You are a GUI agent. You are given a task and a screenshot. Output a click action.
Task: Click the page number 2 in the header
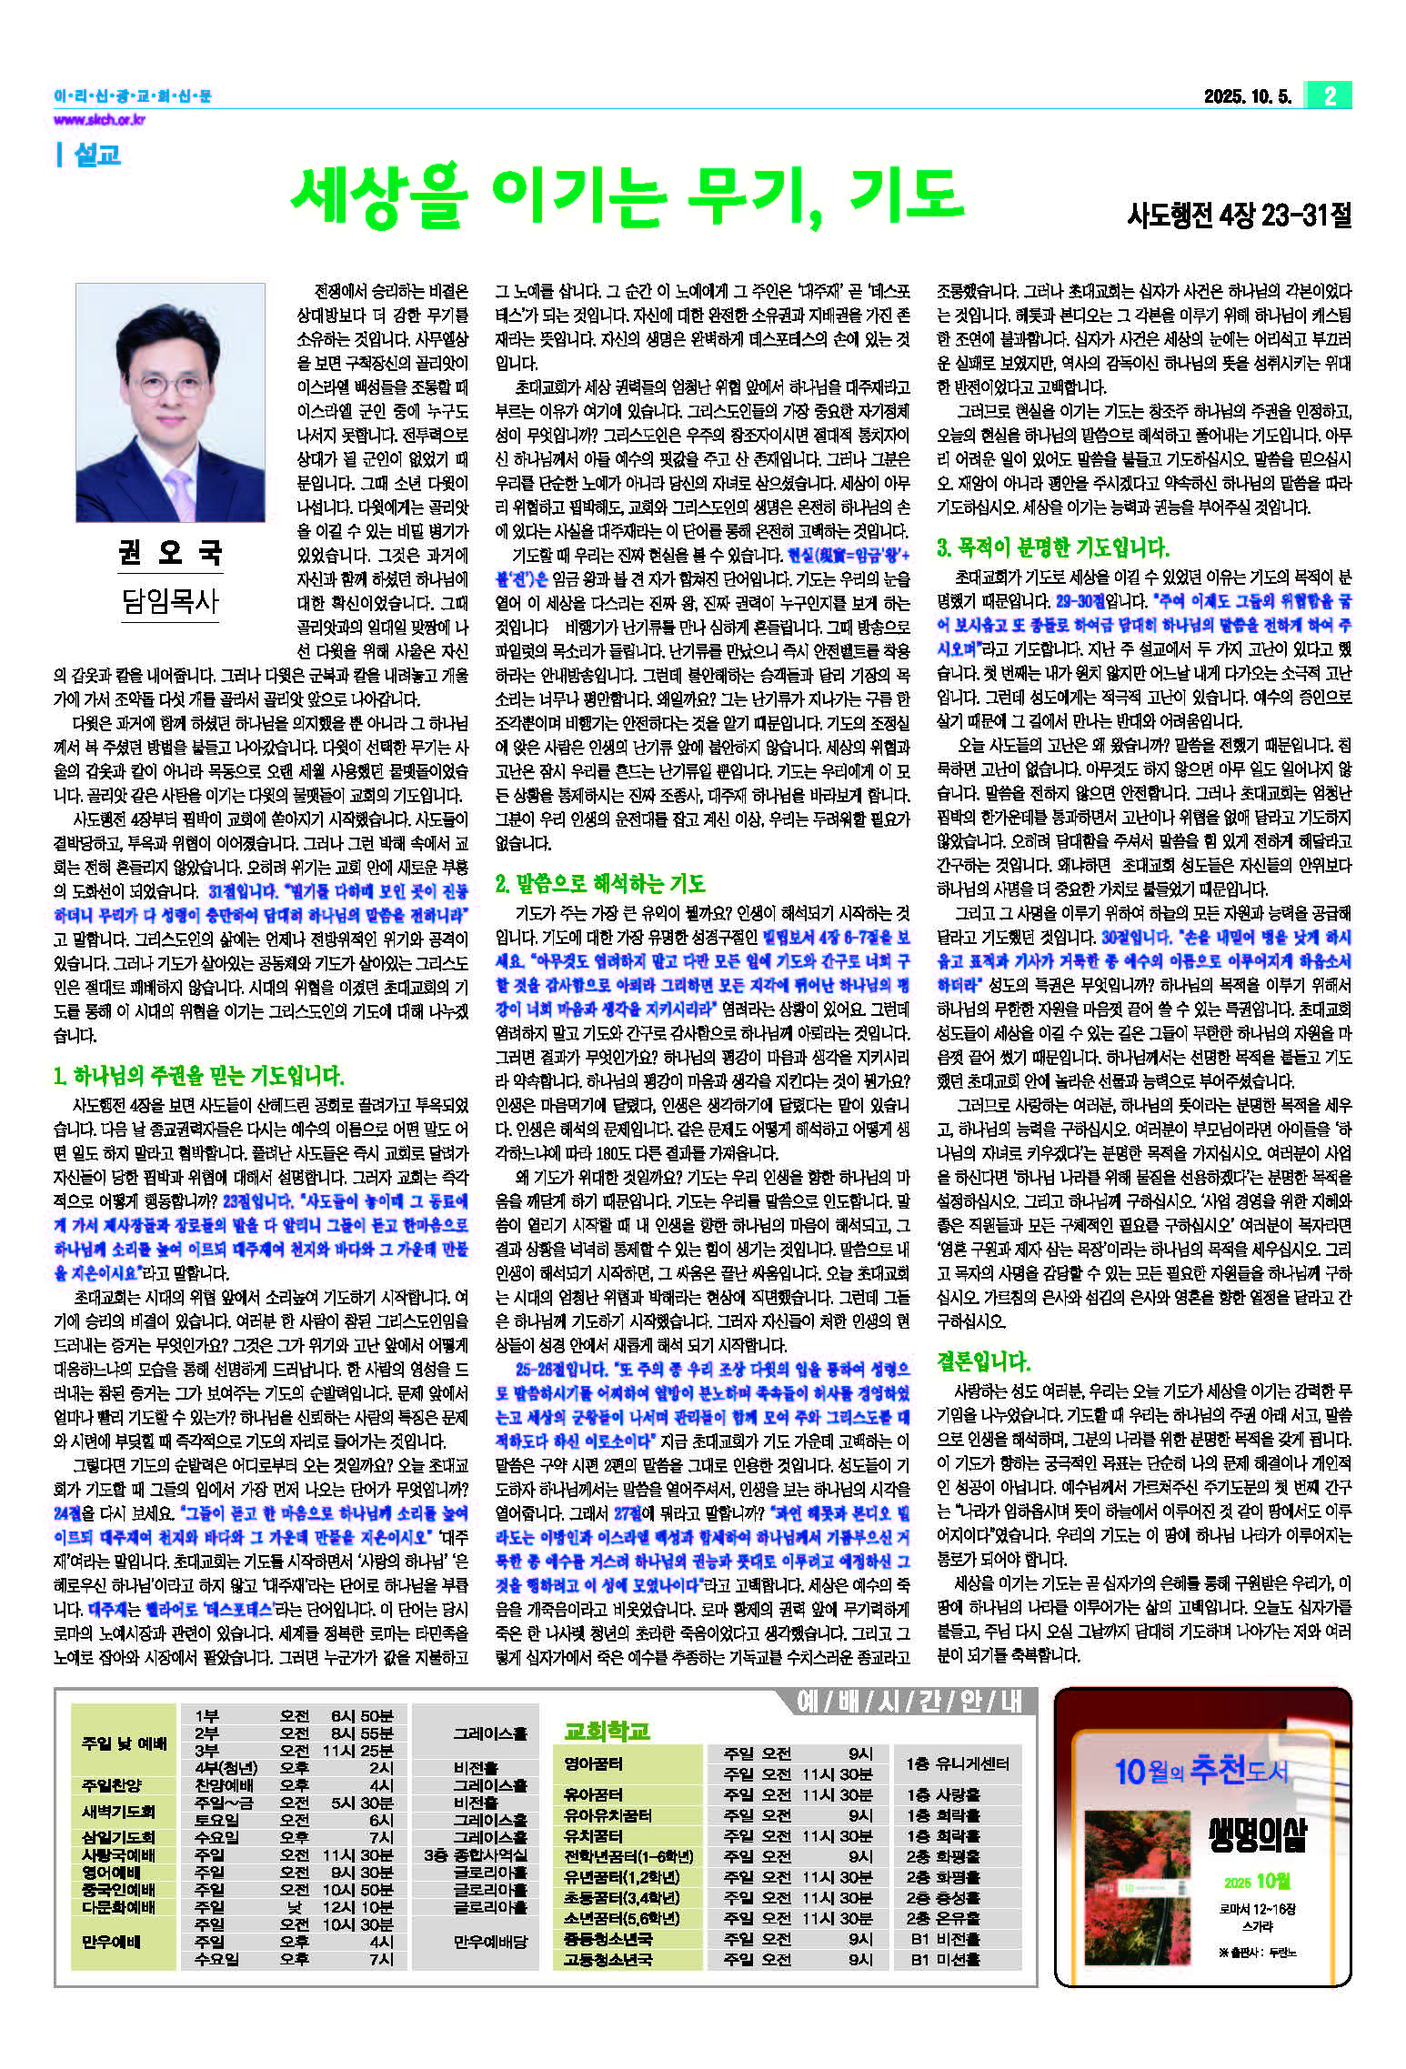pos(1330,95)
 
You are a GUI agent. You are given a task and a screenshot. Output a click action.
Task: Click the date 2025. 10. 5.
pos(1247,96)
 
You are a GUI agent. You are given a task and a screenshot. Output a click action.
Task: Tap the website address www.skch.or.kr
pos(99,120)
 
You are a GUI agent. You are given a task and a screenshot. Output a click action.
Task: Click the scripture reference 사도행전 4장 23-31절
pos(1239,216)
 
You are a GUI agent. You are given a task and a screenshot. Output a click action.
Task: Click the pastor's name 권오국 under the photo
pos(170,553)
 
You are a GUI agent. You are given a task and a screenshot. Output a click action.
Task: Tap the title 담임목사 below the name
pos(170,600)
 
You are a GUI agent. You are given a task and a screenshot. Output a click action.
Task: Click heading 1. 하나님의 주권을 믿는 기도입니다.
pos(199,1077)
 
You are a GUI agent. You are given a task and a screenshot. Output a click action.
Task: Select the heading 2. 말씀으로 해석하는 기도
pos(600,883)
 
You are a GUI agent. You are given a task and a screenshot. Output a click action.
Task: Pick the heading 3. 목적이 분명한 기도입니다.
pos(1052,547)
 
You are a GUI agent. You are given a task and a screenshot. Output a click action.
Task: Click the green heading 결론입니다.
pos(983,1361)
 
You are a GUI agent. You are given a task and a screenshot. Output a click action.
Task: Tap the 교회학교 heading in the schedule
pos(607,1731)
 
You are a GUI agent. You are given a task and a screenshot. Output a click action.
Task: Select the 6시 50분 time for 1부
pos(361,1716)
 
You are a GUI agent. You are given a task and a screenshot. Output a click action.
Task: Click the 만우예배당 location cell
pos(490,1942)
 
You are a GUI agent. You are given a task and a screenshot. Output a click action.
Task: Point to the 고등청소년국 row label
pos(608,1959)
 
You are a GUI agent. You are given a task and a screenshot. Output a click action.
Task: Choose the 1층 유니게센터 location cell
pos(958,1763)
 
